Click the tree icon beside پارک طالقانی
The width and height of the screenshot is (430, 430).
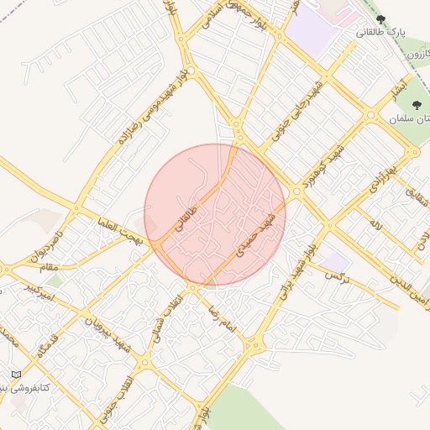pos(380,19)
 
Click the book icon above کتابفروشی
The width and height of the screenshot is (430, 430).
pos(15,374)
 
